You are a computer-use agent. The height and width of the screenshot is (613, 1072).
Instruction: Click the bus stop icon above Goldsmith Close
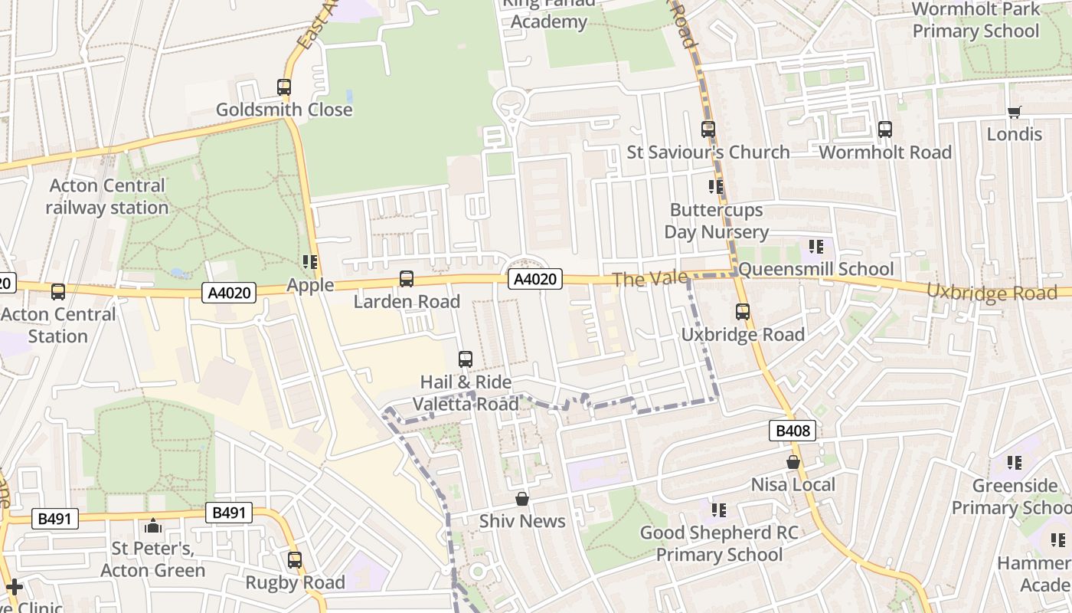tap(284, 87)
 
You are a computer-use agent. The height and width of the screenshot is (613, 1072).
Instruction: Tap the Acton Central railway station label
tap(107, 197)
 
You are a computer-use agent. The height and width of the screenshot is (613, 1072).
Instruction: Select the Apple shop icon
tap(310, 263)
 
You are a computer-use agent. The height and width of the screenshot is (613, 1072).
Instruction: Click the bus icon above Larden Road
tap(407, 279)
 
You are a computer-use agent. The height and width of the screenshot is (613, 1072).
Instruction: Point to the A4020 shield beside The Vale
tap(536, 280)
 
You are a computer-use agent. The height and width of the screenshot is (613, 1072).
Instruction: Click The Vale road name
tap(639, 280)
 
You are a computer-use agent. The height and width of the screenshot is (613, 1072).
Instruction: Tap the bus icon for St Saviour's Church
tap(708, 129)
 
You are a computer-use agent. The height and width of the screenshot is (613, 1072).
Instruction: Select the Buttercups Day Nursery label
tap(716, 221)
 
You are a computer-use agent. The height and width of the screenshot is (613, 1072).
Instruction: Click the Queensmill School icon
tap(816, 247)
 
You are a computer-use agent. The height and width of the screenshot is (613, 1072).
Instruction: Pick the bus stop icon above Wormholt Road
tap(885, 129)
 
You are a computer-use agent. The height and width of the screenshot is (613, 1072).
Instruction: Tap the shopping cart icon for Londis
tap(1015, 113)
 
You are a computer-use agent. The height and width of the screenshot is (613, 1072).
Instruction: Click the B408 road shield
tap(793, 431)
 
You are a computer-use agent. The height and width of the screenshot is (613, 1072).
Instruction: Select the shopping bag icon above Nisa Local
tap(793, 463)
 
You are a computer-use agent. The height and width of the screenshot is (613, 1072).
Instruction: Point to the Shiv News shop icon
tap(522, 500)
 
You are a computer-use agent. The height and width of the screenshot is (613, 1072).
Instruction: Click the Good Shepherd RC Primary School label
tap(719, 543)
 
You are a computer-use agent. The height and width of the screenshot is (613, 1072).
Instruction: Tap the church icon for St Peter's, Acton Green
tap(152, 526)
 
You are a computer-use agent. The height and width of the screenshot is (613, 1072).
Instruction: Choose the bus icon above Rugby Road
tap(295, 560)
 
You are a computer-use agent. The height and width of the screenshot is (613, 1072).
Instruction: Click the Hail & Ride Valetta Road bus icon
tap(465, 359)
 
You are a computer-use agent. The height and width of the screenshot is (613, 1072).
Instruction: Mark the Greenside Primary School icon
tap(1015, 463)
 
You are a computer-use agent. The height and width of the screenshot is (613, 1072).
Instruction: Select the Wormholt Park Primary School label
tap(976, 21)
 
